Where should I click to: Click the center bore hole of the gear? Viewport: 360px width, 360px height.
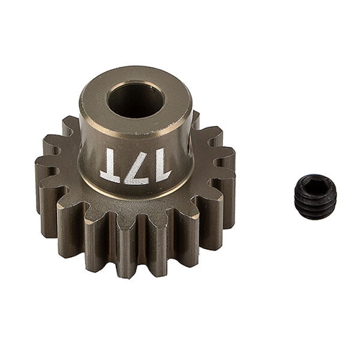point(135,100)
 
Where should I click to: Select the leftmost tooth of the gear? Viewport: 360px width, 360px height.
point(45,176)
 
